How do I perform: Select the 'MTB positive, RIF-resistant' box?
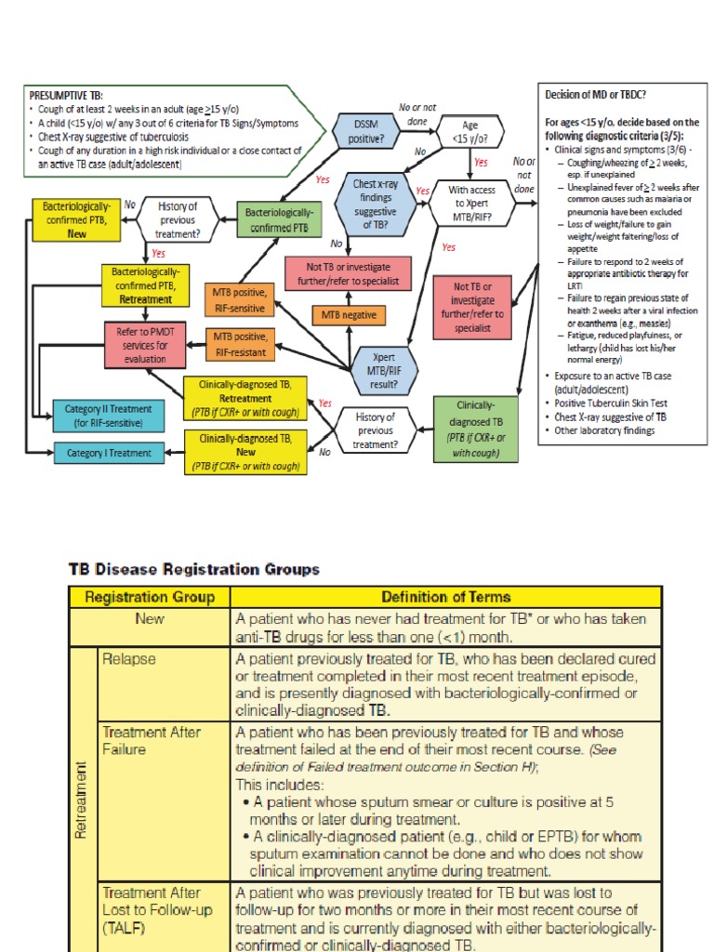(x=240, y=343)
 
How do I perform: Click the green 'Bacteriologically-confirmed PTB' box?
(x=281, y=219)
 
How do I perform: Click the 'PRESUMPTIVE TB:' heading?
(x=67, y=95)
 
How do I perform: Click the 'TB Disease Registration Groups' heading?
(x=193, y=569)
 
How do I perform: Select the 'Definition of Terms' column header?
(x=445, y=597)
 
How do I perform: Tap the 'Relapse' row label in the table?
(x=129, y=658)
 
